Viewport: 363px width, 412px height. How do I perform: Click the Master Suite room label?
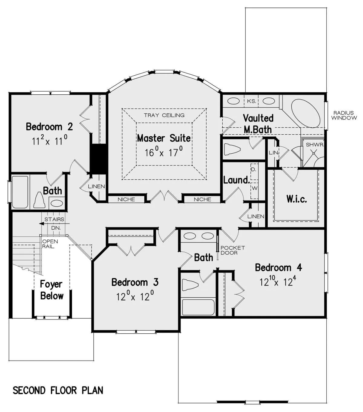tap(164, 138)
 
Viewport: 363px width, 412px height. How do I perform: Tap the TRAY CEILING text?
tap(164, 115)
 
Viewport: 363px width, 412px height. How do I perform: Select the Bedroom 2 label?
tap(49, 126)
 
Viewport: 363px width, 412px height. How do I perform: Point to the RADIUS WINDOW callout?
tap(344, 115)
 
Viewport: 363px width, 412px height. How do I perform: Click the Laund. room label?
tap(237, 180)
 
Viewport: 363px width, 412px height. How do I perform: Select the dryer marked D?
tap(254, 172)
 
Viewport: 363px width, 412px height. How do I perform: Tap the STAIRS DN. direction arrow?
tap(54, 224)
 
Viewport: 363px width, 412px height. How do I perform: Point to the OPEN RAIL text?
tap(50, 244)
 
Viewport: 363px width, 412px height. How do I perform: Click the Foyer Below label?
tap(52, 290)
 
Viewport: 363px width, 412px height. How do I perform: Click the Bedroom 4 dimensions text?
tap(278, 281)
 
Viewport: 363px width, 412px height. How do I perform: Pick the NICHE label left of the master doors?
tap(126, 199)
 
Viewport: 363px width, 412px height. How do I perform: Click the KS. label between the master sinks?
tap(251, 101)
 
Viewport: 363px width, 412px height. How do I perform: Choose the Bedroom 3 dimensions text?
tap(135, 296)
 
